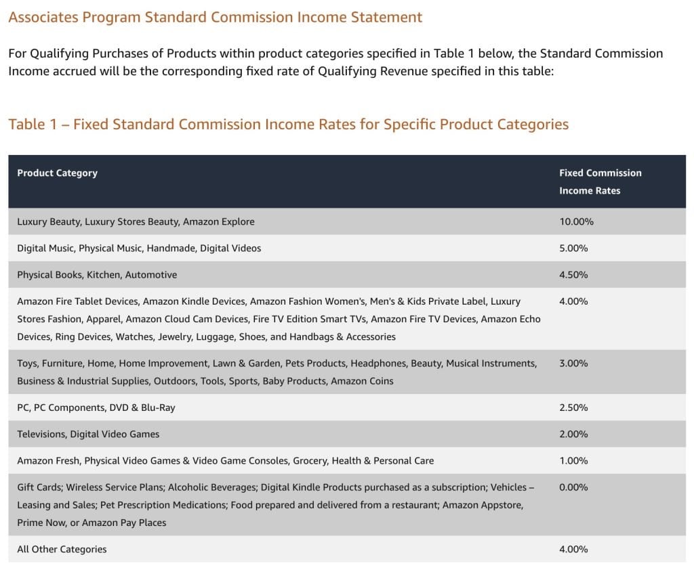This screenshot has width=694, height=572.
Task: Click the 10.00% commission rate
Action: coord(576,221)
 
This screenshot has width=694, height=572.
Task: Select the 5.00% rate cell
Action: coord(573,248)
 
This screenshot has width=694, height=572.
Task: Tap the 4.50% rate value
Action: coord(573,275)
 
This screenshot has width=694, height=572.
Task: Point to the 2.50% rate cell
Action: coord(573,408)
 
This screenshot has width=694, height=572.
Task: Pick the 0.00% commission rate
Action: coord(573,487)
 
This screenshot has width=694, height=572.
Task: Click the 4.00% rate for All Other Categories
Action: coord(573,549)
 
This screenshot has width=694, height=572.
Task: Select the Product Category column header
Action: coord(57,173)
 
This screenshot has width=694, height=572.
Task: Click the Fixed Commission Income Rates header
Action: coord(600,181)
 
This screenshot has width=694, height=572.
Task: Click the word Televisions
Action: coord(43,434)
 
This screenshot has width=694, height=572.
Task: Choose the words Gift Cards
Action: coord(39,487)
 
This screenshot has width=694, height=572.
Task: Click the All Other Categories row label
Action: coord(62,549)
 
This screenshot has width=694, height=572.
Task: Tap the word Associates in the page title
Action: coord(43,18)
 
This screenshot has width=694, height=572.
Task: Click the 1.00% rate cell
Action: coord(573,460)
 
